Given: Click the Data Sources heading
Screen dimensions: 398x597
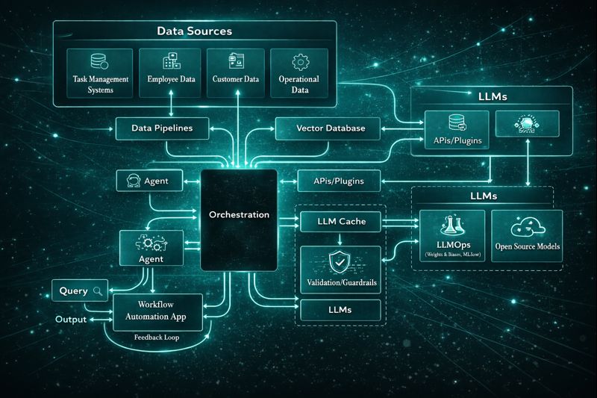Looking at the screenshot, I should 194,31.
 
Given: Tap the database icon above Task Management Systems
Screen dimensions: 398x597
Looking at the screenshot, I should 100,61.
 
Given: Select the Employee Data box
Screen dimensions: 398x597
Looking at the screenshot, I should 172,72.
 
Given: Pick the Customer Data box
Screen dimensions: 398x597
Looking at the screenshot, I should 235,72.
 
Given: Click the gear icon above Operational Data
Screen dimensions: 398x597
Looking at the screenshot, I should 299,61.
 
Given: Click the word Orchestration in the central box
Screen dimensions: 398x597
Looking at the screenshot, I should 239,215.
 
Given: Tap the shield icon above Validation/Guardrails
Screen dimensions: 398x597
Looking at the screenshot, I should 340,261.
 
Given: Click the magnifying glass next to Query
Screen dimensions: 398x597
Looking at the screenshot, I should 98,291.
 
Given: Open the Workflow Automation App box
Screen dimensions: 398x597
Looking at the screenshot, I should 157,311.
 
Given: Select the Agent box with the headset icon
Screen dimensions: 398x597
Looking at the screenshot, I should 149,180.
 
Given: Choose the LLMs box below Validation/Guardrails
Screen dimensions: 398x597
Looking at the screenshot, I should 340,309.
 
